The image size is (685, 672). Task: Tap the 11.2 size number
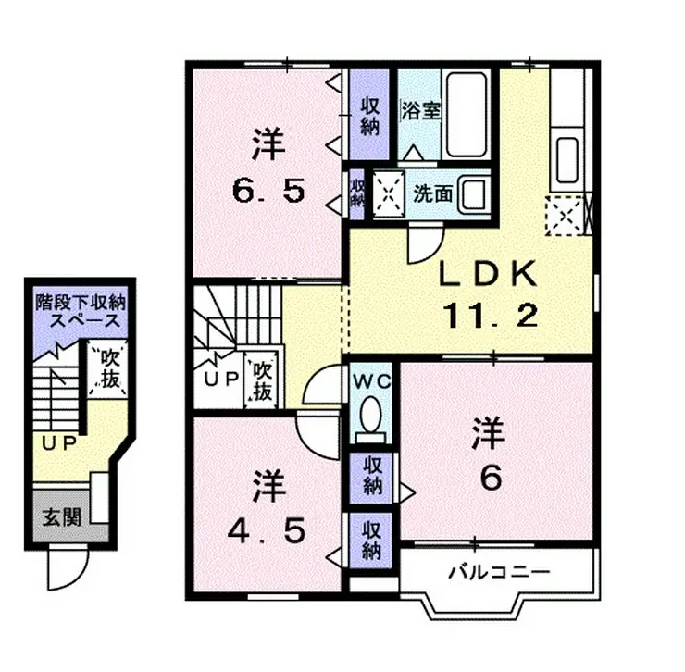tap(490, 317)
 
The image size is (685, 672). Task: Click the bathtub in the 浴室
tap(466, 115)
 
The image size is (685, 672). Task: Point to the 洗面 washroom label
tap(433, 194)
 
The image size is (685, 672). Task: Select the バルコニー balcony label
tap(499, 572)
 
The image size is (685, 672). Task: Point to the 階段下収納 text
tap(80, 302)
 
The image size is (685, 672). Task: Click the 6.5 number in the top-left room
tap(268, 193)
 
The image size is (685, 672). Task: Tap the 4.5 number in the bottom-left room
tap(268, 532)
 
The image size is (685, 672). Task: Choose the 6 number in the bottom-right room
tap(490, 478)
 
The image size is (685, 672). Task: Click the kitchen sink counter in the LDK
tap(565, 157)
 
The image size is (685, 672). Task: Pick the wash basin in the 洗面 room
tap(475, 194)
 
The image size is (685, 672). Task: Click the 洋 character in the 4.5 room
tap(268, 486)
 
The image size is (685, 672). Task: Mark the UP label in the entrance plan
tap(57, 441)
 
